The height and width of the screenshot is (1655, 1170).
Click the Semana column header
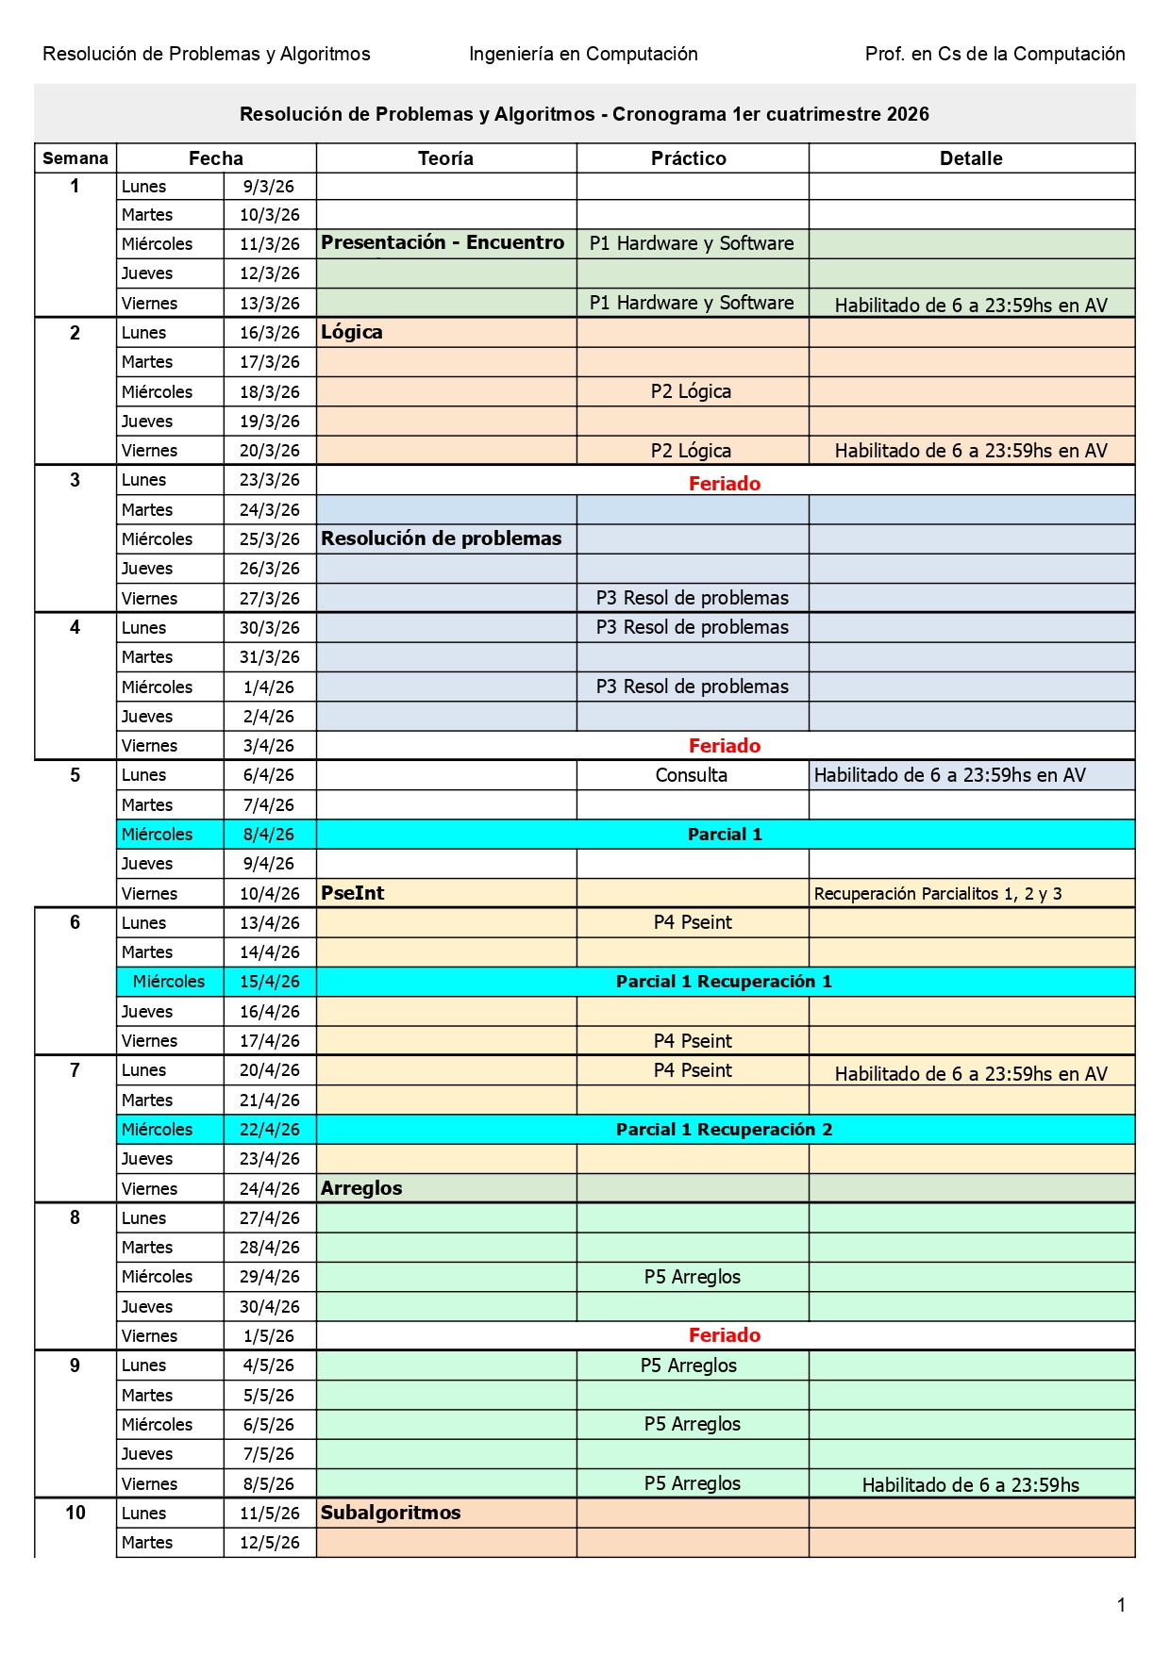point(75,158)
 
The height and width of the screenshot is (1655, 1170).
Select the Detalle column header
point(971,158)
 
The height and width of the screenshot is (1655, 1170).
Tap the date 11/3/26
point(270,244)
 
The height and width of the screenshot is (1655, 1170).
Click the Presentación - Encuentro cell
point(443,242)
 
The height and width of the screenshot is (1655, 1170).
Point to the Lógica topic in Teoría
point(352,332)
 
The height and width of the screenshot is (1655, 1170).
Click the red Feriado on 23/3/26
point(724,484)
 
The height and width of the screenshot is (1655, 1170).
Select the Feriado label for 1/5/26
point(724,1335)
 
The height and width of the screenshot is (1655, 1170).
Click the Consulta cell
point(692,775)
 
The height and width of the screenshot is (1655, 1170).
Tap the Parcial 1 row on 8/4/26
point(724,835)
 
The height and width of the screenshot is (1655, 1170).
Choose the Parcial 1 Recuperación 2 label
point(724,1130)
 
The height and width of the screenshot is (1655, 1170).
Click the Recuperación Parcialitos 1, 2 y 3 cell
point(938,894)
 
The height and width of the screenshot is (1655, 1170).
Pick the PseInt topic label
point(353,893)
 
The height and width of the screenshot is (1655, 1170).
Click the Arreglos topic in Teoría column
point(361,1188)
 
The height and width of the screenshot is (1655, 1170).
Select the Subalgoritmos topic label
point(391,1513)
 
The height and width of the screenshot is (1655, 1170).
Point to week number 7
point(75,1070)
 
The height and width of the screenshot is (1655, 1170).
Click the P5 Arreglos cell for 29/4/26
point(693,1277)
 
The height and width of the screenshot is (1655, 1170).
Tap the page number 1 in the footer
point(1121,1605)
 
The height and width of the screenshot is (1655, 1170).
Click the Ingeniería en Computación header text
point(583,54)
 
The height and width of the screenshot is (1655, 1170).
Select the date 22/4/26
point(270,1130)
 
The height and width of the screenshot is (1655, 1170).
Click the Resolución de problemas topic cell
point(442,538)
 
